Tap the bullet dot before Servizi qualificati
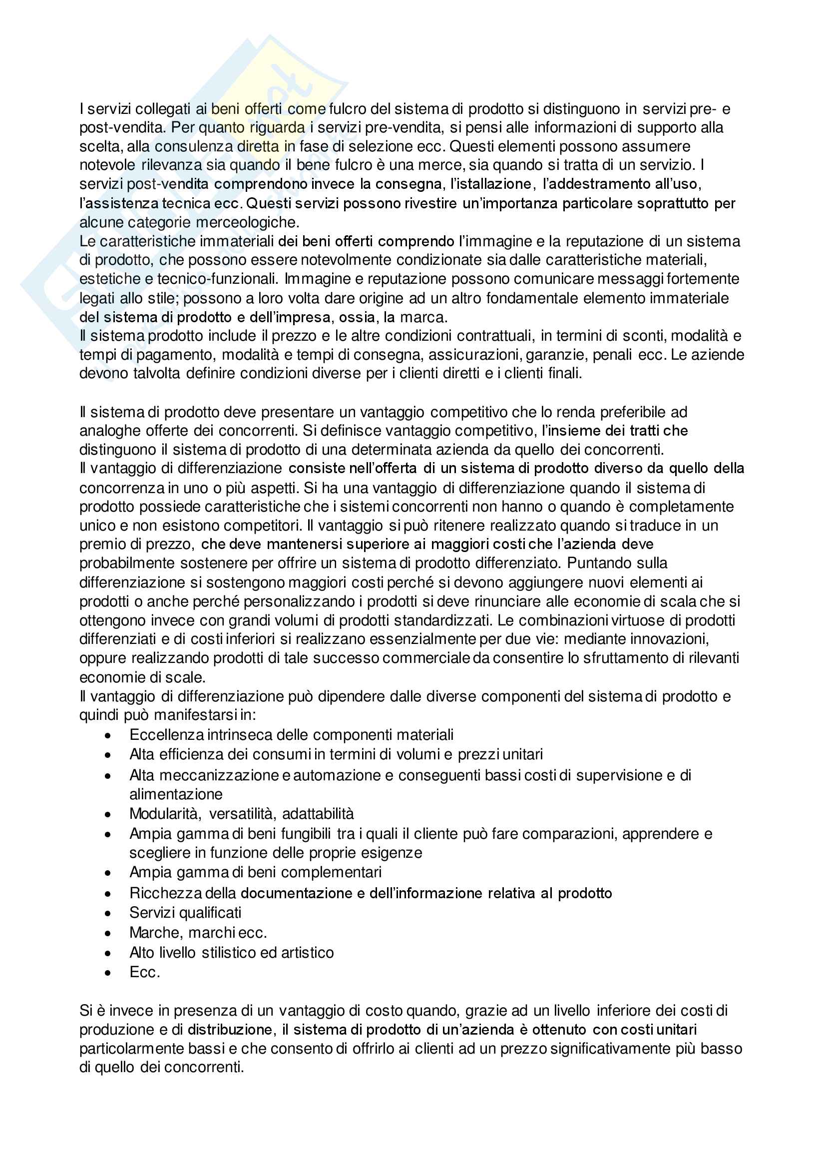pyautogui.click(x=107, y=914)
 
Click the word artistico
pyautogui.click(x=308, y=953)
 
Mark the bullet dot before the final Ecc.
pyautogui.click(x=107, y=973)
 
